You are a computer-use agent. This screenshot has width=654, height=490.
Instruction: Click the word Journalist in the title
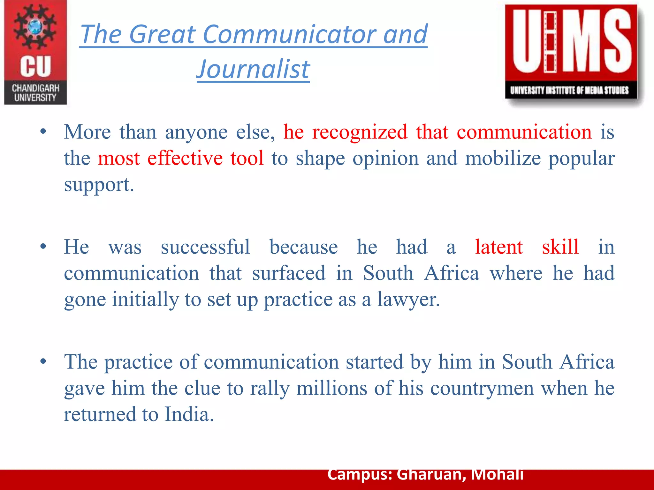(253, 69)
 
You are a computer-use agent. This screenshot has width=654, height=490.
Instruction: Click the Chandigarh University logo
(35, 53)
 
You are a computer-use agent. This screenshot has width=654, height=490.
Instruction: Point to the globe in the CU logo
(35, 27)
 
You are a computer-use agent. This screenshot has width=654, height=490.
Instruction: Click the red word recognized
(360, 132)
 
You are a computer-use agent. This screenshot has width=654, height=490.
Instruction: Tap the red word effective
(185, 158)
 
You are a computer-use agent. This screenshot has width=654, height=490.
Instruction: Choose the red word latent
(499, 247)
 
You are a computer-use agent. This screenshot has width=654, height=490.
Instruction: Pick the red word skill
(560, 247)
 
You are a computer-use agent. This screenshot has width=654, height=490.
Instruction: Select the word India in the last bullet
(189, 414)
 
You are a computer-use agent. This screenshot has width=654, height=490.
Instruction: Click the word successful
(205, 247)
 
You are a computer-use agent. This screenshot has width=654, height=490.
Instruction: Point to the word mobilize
(503, 158)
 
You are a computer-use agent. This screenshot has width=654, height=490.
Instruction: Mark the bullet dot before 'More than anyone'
(43, 131)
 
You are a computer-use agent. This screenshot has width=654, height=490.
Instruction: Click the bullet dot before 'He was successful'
(43, 247)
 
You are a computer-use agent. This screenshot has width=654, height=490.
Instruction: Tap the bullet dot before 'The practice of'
(43, 361)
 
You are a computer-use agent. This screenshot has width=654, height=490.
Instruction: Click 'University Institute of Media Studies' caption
(569, 91)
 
